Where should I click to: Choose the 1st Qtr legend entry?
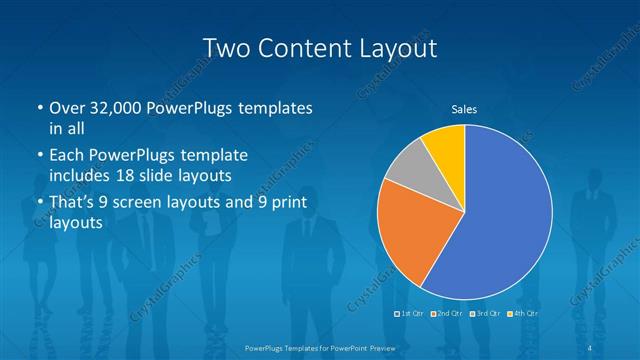point(410,314)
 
